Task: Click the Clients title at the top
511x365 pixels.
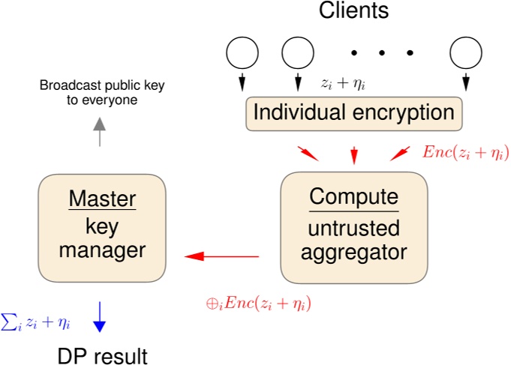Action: coord(353,11)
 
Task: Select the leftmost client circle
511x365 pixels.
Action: coord(242,52)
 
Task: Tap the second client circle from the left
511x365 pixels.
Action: coord(297,52)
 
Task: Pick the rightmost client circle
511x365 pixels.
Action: coord(465,52)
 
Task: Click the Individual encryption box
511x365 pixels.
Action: coord(353,112)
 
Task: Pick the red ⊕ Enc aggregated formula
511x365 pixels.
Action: coord(259,304)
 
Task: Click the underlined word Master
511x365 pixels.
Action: coord(102,199)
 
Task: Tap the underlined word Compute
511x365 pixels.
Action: coord(354,197)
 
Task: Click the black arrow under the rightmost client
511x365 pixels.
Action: coord(465,80)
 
